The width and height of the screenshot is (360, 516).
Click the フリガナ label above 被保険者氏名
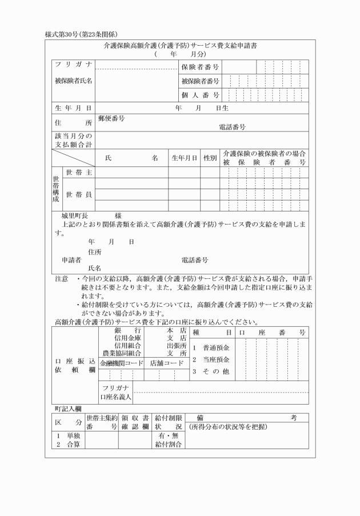click(73, 64)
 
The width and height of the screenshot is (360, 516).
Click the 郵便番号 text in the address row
click(111, 119)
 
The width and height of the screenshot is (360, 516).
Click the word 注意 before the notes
click(61, 279)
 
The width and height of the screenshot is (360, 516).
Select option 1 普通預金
click(211, 348)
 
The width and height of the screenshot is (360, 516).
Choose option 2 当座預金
click(211, 359)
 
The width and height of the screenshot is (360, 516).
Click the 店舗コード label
click(166, 363)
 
